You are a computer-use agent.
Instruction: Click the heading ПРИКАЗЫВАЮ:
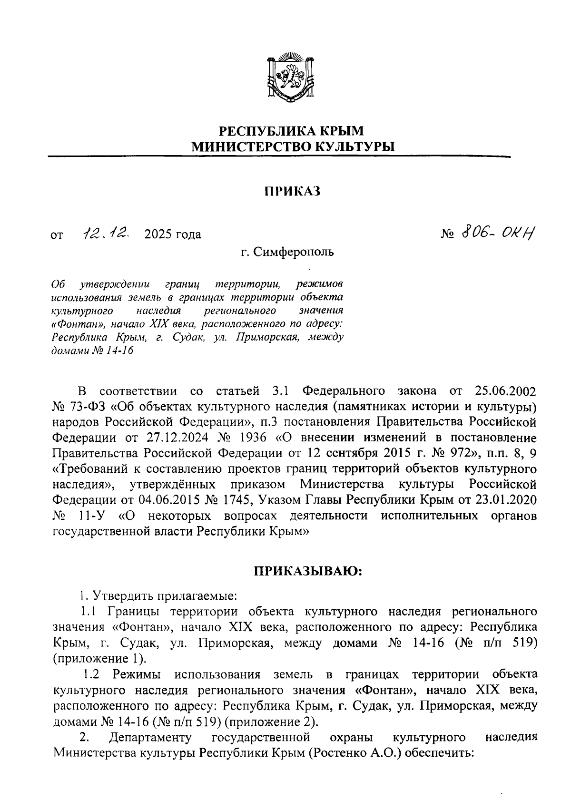pos(307,571)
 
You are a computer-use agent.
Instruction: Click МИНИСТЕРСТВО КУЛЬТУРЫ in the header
pos(293,146)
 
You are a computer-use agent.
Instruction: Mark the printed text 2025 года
pos(173,234)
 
